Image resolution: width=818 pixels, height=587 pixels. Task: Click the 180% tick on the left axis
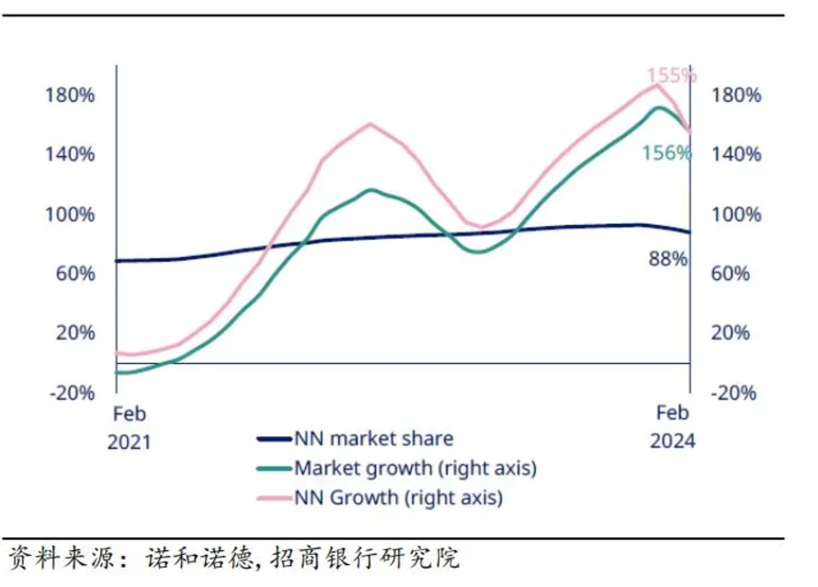69,96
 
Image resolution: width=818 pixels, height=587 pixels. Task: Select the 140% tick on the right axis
737,154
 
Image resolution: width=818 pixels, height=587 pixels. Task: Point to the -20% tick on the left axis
69,392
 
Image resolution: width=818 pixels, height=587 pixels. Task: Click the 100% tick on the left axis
69,215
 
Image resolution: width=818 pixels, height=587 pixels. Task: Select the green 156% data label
666,152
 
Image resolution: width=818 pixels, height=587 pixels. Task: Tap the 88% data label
668,259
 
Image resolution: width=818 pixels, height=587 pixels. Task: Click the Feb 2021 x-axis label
129,427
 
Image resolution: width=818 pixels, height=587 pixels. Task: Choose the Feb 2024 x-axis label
672,427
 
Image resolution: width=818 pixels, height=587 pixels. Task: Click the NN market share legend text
373,440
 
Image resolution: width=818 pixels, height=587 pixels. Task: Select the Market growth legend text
415,468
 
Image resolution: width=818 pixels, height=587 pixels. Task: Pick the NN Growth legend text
398,498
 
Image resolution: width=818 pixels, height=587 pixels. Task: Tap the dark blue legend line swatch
274,441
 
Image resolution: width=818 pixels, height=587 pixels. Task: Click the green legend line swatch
274,469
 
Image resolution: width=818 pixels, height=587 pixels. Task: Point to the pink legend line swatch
274,499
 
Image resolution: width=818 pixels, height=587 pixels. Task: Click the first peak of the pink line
370,123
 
